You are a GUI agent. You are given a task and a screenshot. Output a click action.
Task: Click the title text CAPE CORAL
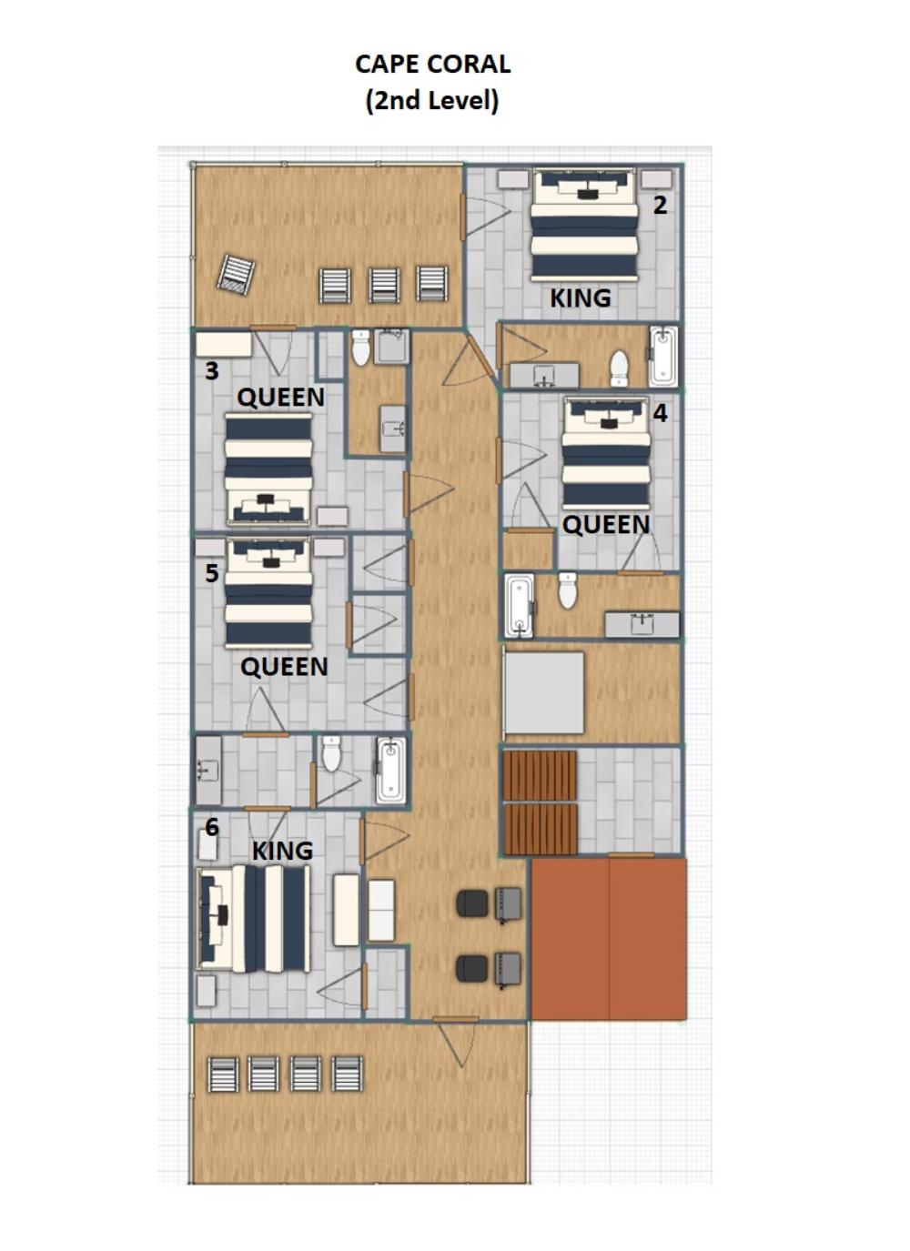[432, 65]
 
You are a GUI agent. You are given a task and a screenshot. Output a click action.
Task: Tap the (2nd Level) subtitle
[432, 101]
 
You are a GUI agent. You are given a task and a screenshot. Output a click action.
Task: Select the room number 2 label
[660, 206]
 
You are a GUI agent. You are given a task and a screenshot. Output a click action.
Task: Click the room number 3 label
[212, 371]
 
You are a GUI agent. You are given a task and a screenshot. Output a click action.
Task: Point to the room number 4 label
[660, 413]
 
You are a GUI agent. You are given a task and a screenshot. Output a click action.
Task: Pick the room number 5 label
[212, 573]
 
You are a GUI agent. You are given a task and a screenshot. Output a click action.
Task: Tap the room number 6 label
[212, 828]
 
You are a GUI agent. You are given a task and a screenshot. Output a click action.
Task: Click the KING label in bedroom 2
[581, 298]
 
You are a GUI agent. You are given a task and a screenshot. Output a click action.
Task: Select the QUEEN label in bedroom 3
[280, 398]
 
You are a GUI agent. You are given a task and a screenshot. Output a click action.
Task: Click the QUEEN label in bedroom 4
[606, 525]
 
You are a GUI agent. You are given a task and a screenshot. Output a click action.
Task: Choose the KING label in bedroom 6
[283, 851]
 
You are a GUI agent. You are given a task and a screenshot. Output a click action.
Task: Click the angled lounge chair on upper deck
[237, 273]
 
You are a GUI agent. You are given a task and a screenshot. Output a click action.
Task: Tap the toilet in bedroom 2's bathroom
[619, 368]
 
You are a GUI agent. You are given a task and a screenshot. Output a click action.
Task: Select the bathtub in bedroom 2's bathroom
[663, 357]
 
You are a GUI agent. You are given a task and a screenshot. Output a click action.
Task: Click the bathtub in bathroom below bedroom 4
[519, 606]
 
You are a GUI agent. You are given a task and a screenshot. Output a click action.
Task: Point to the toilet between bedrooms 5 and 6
[331, 753]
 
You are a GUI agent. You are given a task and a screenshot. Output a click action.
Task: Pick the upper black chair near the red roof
[472, 903]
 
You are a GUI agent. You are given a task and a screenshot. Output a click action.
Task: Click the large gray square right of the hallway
[543, 693]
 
